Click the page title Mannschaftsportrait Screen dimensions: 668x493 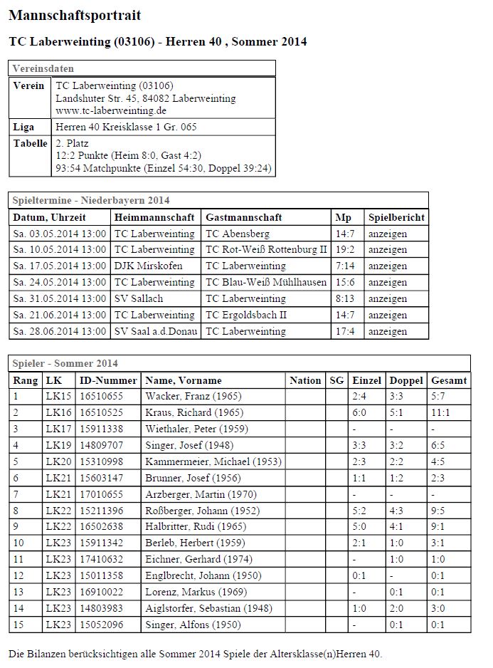(x=75, y=15)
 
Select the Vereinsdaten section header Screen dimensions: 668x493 (x=41, y=68)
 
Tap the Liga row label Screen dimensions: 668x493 (x=23, y=127)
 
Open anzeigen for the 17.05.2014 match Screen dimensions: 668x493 (x=388, y=266)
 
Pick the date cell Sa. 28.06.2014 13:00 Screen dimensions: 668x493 (x=60, y=331)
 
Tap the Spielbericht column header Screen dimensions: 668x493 (x=396, y=217)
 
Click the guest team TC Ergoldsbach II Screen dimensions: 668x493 (x=245, y=315)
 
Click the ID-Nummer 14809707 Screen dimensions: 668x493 (x=101, y=445)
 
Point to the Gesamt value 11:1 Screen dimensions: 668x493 (x=441, y=412)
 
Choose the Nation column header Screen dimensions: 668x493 (x=305, y=380)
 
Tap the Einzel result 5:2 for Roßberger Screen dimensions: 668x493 (x=360, y=511)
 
